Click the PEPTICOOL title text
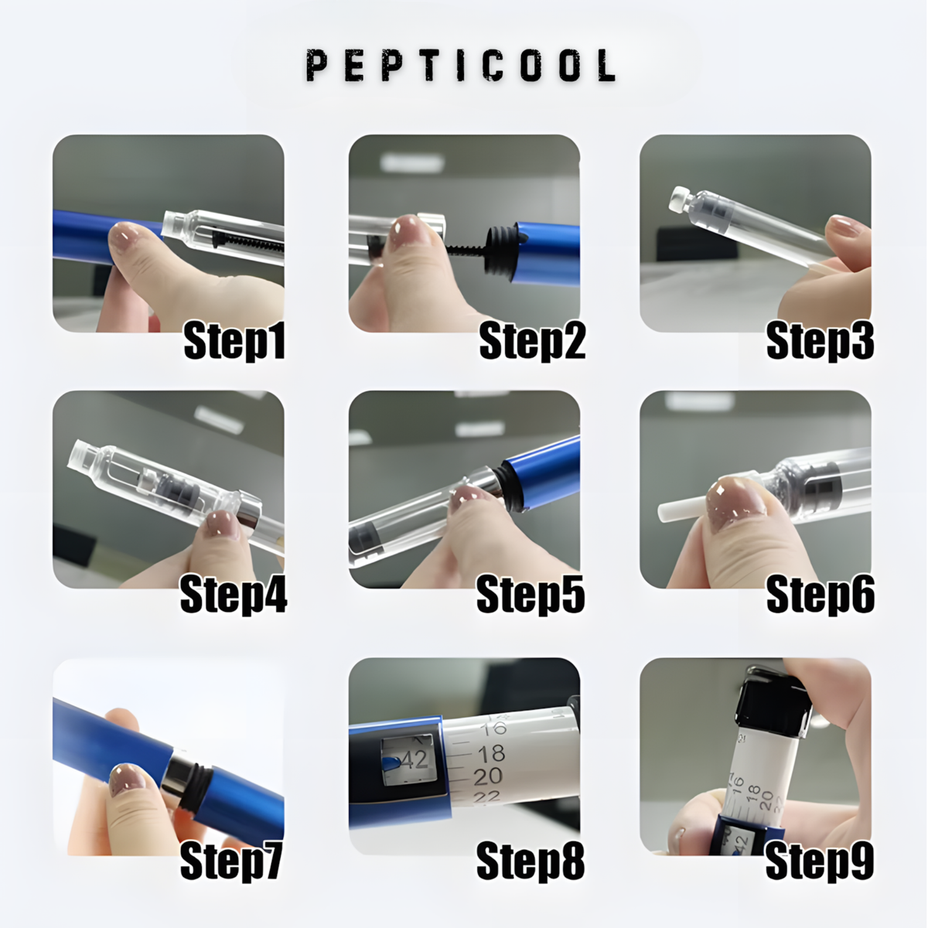461,66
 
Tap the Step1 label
234,341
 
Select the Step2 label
532,341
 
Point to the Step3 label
820,341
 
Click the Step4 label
234,595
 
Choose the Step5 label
531,595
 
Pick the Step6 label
821,595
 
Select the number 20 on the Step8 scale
488,776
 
